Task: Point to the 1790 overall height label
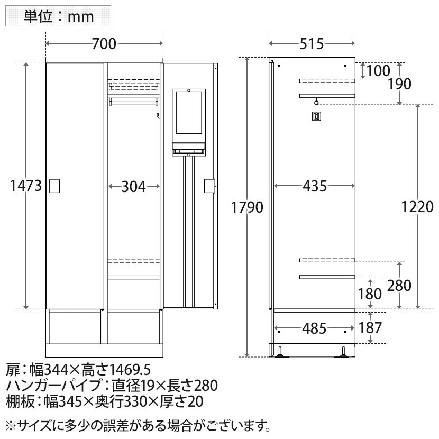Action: (x=247, y=207)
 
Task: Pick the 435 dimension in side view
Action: (x=315, y=186)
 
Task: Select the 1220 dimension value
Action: (x=417, y=207)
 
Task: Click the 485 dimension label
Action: (x=314, y=328)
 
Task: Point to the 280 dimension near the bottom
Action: (x=399, y=286)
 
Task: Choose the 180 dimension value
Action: (x=370, y=294)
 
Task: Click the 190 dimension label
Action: (x=399, y=84)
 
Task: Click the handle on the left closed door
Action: (x=55, y=186)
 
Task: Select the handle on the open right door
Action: (x=209, y=186)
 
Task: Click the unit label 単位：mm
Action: (x=59, y=16)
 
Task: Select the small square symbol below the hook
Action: (x=316, y=116)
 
